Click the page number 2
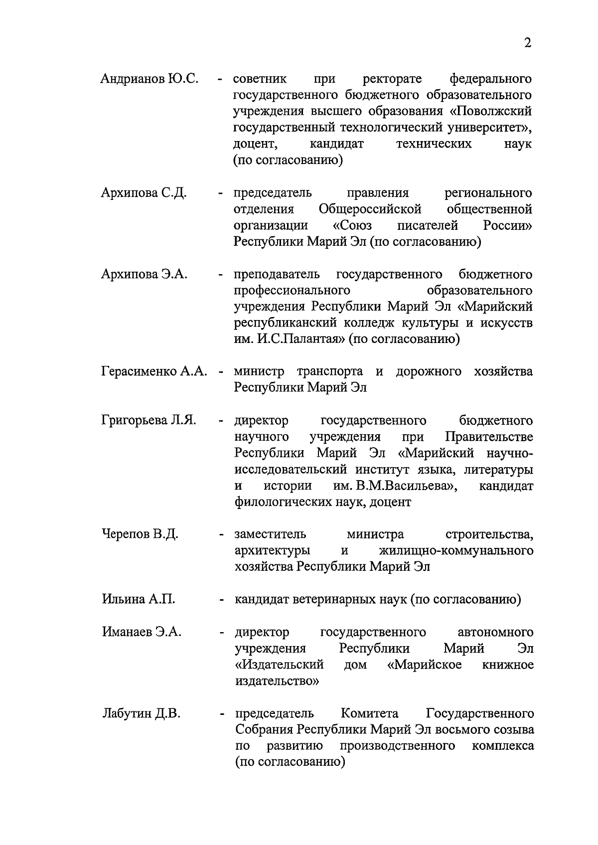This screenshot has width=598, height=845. (528, 43)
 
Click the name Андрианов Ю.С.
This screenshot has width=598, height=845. (149, 79)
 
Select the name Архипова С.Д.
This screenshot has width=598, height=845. (144, 193)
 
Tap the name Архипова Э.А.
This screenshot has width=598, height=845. (144, 274)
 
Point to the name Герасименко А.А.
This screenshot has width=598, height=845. (154, 372)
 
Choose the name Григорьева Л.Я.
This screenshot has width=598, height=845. (149, 420)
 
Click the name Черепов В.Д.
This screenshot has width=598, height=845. (140, 534)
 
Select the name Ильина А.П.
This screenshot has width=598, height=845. (139, 599)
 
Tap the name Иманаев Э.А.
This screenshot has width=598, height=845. (142, 632)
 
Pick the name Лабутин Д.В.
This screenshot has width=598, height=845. (141, 713)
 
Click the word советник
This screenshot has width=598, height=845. (260, 79)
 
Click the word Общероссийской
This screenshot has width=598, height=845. (370, 209)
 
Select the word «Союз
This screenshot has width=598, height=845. (352, 225)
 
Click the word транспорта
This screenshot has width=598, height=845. (330, 372)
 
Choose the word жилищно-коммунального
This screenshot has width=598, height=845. (456, 550)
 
